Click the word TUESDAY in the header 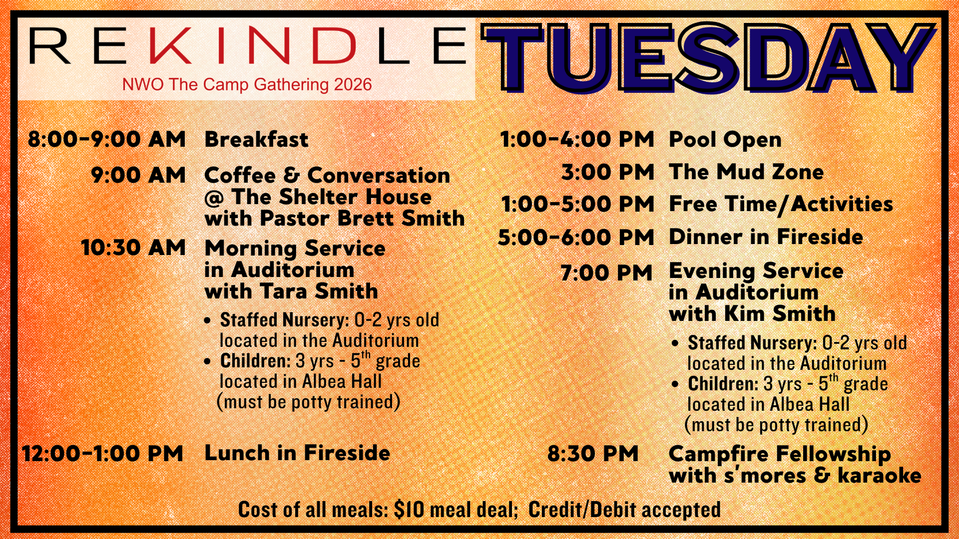708,58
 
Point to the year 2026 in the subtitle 353,84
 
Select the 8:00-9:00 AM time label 106,139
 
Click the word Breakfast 256,139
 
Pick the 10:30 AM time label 133,248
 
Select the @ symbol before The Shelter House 214,199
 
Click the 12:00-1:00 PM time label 103,454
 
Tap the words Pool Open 725,140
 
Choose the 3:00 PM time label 608,172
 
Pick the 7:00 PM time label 607,273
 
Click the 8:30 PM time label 593,454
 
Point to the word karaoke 879,475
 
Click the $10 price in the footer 409,510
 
